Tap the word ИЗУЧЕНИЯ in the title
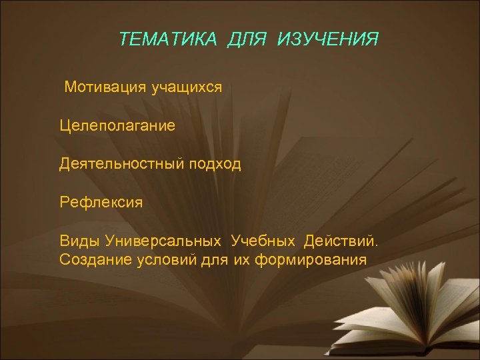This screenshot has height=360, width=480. [x=327, y=39]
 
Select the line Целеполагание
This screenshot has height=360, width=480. [x=117, y=125]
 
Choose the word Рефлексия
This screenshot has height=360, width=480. [x=101, y=201]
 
